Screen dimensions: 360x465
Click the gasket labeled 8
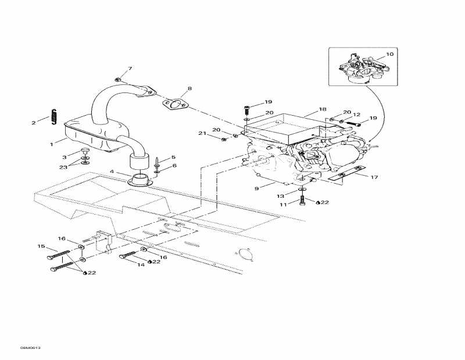(176, 103)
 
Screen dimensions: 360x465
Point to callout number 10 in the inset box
(389, 54)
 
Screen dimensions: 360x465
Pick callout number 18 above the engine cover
(323, 109)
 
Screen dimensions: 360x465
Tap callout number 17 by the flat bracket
(375, 176)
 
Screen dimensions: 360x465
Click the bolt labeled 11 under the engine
(302, 201)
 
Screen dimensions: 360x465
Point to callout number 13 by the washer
(281, 195)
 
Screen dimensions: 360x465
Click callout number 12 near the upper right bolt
(357, 115)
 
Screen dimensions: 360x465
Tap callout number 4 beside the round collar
(112, 172)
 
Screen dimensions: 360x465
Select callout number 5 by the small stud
(173, 157)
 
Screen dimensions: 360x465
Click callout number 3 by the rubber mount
(65, 158)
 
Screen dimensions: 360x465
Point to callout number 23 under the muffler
(63, 167)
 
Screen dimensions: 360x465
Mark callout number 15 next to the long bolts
(41, 246)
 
